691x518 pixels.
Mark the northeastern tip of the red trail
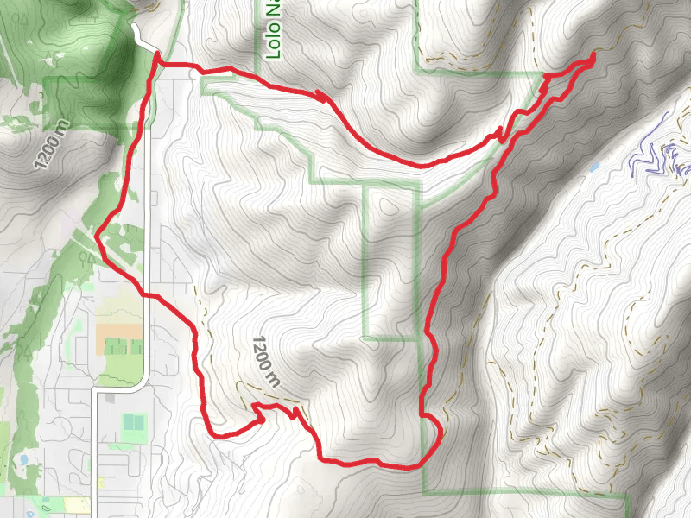[593, 56]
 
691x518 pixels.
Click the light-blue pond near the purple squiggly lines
[593, 166]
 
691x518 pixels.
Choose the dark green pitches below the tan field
[116, 347]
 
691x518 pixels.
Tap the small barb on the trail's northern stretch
[321, 97]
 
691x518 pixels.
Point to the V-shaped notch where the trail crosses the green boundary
[500, 133]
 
